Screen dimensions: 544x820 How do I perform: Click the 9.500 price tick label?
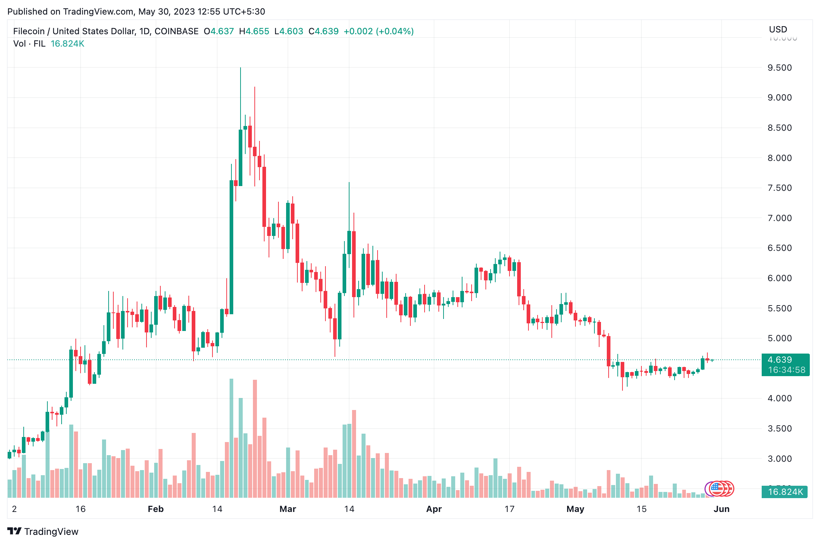[780, 68]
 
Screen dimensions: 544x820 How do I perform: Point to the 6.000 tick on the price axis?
[780, 278]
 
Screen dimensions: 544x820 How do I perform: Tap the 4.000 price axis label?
[780, 398]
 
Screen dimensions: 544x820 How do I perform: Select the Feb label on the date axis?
[156, 509]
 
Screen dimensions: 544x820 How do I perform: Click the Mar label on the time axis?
[288, 509]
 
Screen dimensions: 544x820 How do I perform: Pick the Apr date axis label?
[434, 509]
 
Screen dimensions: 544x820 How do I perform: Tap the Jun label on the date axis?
[721, 509]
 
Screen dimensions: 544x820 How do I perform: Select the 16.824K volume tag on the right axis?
[785, 492]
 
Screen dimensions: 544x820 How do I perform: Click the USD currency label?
[778, 29]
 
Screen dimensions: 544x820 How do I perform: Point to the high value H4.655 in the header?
[254, 31]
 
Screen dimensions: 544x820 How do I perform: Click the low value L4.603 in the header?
[289, 31]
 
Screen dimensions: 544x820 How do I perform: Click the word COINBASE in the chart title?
[176, 31]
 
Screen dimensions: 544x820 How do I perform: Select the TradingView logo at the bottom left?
[43, 532]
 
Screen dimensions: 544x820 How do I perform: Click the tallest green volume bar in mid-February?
[231, 437]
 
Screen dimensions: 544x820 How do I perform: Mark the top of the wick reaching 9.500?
[241, 68]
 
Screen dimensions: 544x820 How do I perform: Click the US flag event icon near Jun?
[716, 489]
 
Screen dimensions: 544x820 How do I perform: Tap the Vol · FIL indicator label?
[29, 44]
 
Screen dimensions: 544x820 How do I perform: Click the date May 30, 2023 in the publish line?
[166, 12]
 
